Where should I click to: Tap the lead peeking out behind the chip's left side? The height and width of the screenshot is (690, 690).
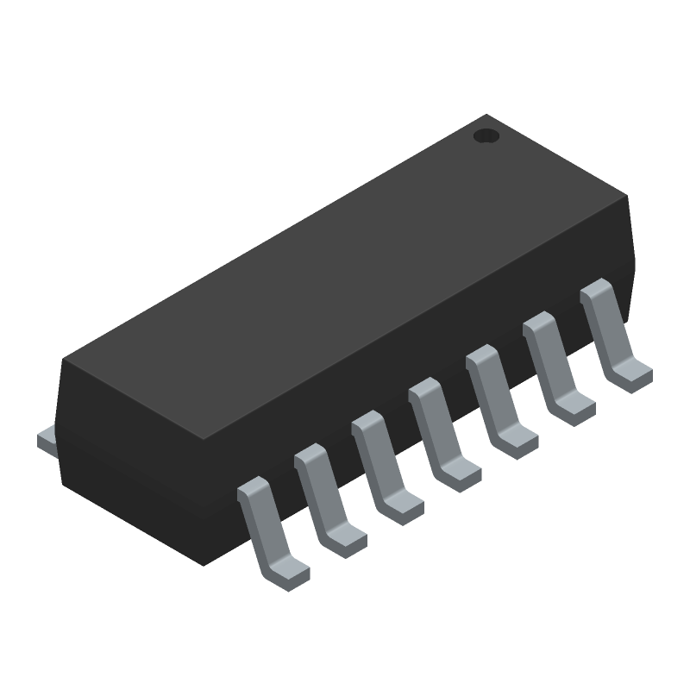coord(47,442)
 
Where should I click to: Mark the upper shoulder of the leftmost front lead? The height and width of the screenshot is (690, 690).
coord(253,491)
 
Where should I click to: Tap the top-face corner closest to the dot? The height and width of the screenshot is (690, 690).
coord(487,115)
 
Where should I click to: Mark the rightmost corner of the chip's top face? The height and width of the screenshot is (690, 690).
coord(628,198)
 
